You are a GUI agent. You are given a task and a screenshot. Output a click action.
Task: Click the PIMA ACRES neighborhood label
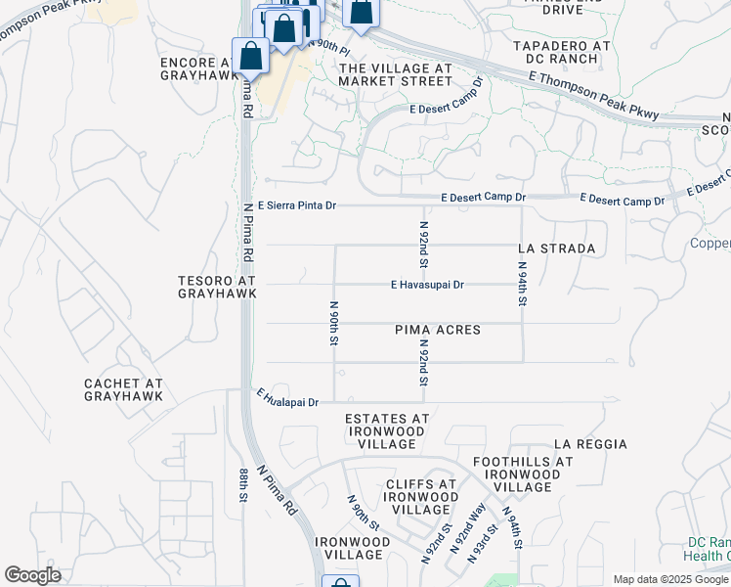pos(438,330)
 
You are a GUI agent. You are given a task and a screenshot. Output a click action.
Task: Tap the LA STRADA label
pos(556,248)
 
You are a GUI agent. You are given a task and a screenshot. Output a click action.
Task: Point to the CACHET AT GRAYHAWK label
pos(123,388)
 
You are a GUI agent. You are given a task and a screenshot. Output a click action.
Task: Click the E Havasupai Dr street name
pos(427,285)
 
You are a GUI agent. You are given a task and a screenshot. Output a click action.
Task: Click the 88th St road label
pos(242,485)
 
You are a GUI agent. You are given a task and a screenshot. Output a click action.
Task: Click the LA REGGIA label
pos(589,444)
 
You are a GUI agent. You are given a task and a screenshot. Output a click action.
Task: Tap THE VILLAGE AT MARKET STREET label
pos(395,74)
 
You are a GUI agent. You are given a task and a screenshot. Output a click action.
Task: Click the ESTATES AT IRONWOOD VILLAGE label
pos(387,430)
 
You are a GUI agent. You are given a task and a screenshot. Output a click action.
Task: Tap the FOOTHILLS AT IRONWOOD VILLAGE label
pos(522,474)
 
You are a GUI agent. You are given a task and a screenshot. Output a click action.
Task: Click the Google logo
pos(32,575)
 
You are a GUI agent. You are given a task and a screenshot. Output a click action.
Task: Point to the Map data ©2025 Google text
pos(670,579)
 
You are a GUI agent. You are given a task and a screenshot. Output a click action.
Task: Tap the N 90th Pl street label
pos(328,46)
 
